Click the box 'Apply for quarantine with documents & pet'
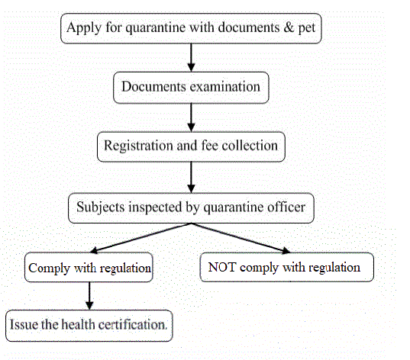[191, 28]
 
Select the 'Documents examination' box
[191, 87]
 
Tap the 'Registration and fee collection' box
[191, 145]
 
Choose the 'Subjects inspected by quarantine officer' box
[191, 206]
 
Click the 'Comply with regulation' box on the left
[90, 268]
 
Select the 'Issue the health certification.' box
[89, 323]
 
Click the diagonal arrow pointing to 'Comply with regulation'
[141, 237]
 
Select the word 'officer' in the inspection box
[283, 206]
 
